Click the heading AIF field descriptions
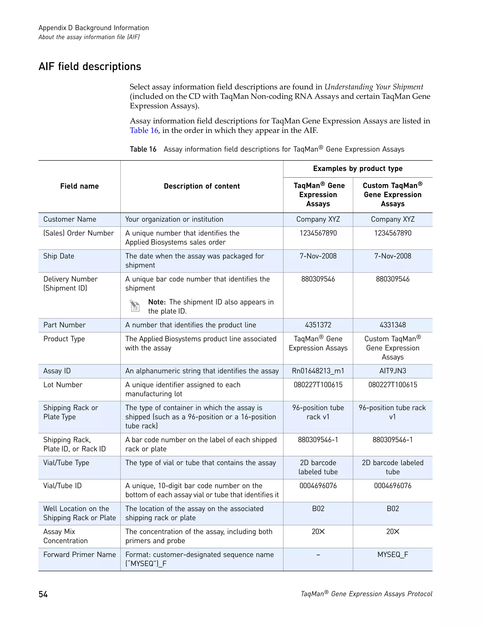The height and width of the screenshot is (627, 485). [90, 67]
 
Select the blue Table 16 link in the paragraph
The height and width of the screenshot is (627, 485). [144, 130]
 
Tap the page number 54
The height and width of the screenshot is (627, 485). [43, 594]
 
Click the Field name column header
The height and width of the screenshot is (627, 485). [79, 186]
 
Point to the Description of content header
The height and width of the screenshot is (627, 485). [202, 186]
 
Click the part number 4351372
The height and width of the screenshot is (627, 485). [318, 325]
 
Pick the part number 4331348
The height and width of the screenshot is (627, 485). [392, 325]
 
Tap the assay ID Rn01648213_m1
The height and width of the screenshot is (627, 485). [318, 371]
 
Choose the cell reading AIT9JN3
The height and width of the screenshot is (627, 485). [392, 371]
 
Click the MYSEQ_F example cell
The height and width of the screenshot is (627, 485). [392, 555]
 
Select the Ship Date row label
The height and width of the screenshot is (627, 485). [59, 256]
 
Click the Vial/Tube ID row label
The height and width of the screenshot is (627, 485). [62, 486]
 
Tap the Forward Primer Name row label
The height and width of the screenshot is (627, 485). [79, 555]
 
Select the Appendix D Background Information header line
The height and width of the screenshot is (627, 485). [94, 28]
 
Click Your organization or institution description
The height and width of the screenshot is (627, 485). [174, 219]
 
